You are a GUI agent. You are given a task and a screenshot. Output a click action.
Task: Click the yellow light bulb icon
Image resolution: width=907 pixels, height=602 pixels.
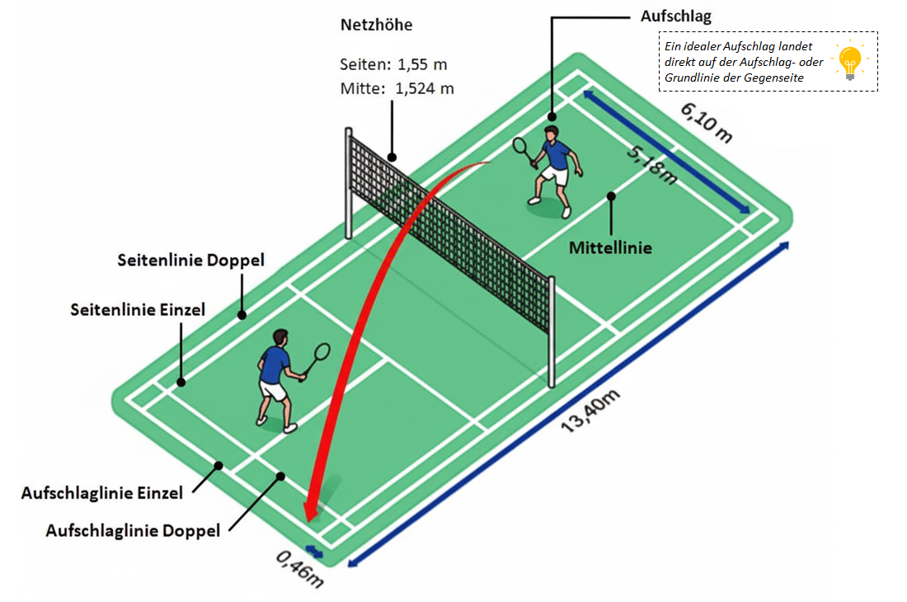click(x=849, y=62)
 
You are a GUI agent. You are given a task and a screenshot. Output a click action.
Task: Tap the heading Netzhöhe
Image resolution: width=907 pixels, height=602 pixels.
click(x=376, y=25)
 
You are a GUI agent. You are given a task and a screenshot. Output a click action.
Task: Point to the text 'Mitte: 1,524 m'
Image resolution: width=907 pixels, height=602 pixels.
click(x=397, y=88)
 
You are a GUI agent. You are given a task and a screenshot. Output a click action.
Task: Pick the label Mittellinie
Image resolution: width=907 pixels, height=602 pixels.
click(x=610, y=247)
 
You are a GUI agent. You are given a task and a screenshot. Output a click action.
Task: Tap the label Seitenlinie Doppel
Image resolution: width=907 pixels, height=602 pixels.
click(x=190, y=260)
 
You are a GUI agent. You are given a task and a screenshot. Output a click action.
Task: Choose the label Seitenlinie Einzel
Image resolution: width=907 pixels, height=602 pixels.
click(x=138, y=310)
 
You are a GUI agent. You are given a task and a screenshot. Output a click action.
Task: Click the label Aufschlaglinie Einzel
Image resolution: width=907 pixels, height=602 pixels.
click(x=102, y=493)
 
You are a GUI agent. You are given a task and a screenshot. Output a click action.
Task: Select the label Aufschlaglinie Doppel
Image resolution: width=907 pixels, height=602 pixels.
click(x=133, y=530)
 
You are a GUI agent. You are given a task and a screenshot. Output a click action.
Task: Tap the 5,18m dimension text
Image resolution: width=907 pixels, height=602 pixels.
click(x=651, y=165)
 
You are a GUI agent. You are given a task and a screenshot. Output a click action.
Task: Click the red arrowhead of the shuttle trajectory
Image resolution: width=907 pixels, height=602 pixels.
click(x=311, y=510)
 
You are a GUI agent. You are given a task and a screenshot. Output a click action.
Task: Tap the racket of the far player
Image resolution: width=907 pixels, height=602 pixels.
click(x=521, y=146)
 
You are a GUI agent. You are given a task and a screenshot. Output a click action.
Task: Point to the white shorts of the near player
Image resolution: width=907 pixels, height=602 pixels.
click(x=273, y=390)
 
